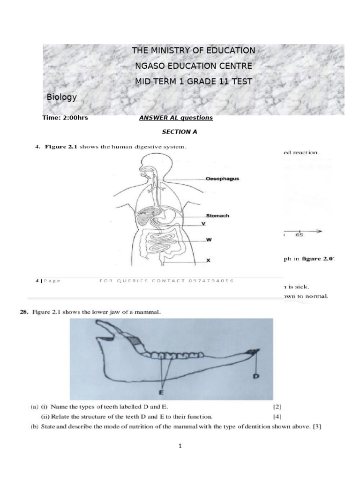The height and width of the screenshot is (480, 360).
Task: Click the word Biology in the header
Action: (x=61, y=97)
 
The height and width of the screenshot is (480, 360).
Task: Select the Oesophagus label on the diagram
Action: (x=222, y=179)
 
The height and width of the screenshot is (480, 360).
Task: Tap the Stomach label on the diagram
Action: (x=217, y=216)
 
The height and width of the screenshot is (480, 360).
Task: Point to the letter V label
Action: (x=203, y=224)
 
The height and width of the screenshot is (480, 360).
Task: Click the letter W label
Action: (x=209, y=240)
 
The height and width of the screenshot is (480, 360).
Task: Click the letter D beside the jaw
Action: (x=256, y=376)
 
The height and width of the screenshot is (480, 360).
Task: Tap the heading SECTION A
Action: (x=180, y=132)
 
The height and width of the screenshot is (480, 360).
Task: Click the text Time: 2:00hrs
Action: (x=65, y=118)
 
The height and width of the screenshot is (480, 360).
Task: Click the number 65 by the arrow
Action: (x=299, y=235)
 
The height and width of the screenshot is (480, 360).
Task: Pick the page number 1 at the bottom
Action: (x=180, y=446)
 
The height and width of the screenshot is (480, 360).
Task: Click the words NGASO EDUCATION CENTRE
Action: (x=193, y=66)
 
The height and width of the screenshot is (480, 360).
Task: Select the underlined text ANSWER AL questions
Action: (x=176, y=118)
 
